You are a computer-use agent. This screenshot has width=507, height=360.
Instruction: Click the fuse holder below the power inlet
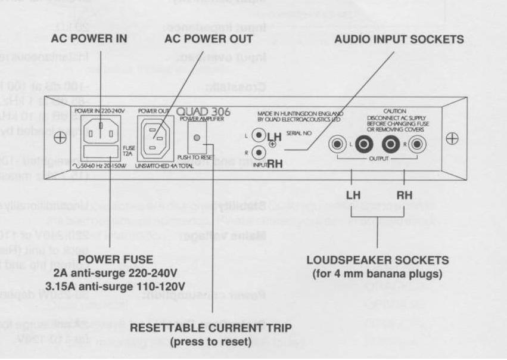coord(101,150)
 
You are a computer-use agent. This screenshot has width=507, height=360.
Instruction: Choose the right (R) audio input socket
coord(259,152)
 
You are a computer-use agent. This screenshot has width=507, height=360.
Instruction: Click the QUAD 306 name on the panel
coord(214,111)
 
